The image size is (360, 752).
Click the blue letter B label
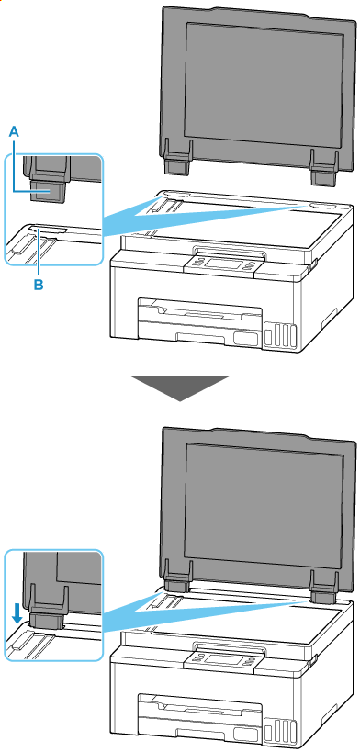pos(38,285)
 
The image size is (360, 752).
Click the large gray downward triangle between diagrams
pos(180,387)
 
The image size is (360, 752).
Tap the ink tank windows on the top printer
pos(280,335)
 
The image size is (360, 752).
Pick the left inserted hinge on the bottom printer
pos(175,585)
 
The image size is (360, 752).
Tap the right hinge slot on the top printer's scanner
pos(322,206)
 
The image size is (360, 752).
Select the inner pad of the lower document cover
pos(264,503)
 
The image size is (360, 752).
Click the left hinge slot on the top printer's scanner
pos(173,195)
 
